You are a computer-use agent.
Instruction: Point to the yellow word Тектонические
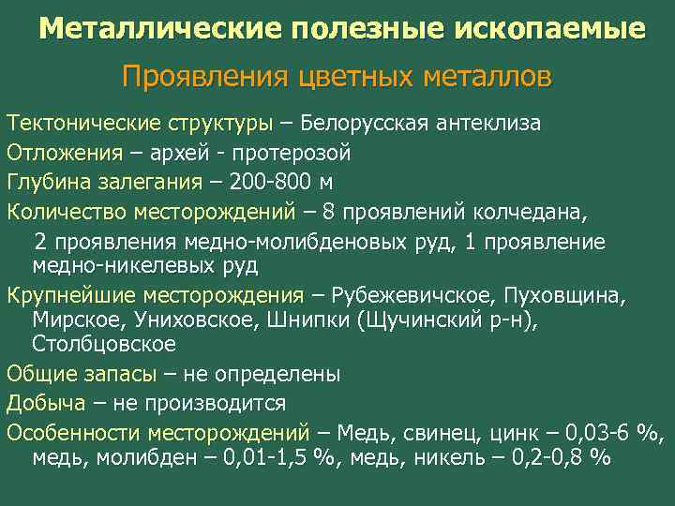72,124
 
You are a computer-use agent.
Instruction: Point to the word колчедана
539,210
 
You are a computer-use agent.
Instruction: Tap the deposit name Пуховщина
562,295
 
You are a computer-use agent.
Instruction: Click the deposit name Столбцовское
104,343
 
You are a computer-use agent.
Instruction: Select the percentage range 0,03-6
597,433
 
